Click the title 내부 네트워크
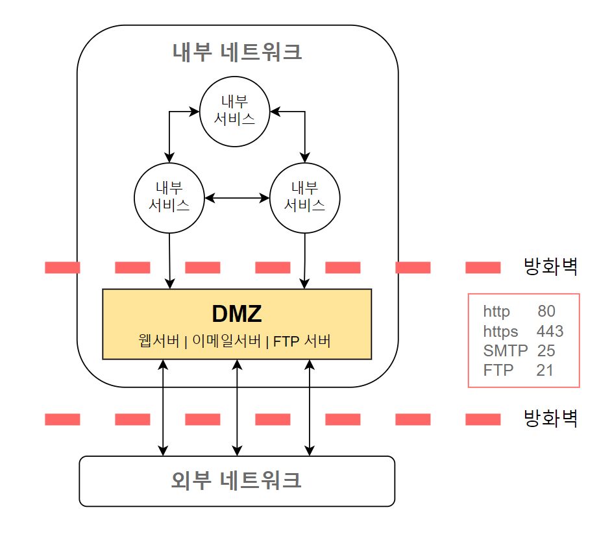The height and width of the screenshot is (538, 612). coord(237,52)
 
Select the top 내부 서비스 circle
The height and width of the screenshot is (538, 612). coord(234,110)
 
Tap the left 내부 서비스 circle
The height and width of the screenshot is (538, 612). coord(169,197)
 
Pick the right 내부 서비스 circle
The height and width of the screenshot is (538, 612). coord(305,197)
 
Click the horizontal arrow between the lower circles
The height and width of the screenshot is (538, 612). coord(237,198)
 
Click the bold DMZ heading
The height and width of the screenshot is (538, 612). coord(237,313)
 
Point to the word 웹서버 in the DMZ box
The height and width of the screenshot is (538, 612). coord(158,341)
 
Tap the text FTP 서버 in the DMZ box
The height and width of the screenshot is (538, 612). coord(302,341)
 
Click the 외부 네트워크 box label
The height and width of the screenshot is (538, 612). coord(237,481)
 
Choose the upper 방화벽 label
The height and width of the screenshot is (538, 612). coord(550,267)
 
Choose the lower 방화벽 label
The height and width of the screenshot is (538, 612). coord(550,419)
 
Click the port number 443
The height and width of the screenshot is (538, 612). coord(550,332)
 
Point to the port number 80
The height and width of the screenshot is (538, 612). coord(546,312)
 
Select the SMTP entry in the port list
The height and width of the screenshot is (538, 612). coord(501,351)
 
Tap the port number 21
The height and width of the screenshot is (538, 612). coord(545,370)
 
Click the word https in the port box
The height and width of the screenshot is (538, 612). coord(500,332)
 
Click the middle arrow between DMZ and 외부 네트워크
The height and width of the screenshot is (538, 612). coord(238,408)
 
